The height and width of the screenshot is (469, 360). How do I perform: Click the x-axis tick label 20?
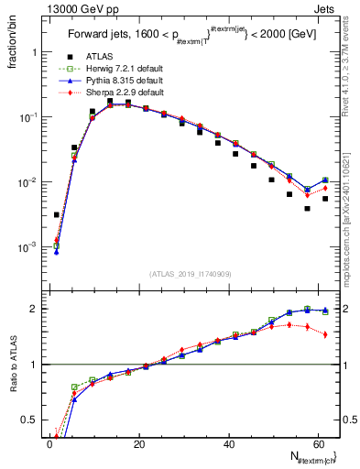pos(138,446)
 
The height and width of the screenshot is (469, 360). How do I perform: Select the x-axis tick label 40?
pos(228,446)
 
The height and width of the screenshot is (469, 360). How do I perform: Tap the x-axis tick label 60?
pos(317,446)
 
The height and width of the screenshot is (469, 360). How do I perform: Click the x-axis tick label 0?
pos(49,446)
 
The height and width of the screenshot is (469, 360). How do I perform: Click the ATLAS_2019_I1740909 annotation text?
pos(191,274)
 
